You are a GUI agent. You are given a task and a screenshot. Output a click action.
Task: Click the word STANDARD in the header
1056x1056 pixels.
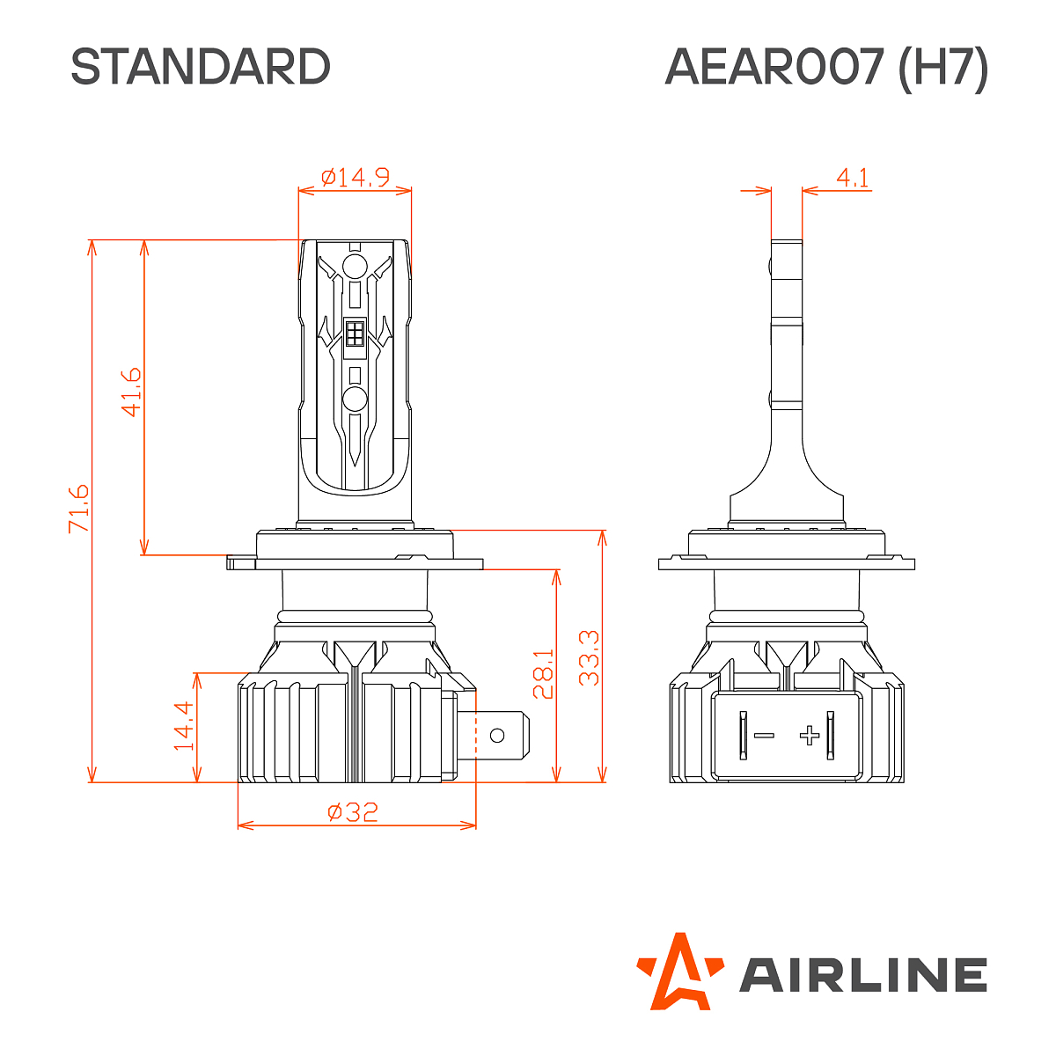[200, 67]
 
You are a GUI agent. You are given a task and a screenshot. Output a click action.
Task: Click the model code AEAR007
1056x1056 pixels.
[774, 67]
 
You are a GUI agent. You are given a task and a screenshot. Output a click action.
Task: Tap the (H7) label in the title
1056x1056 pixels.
[942, 67]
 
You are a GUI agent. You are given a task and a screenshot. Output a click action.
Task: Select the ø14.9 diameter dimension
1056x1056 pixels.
[356, 178]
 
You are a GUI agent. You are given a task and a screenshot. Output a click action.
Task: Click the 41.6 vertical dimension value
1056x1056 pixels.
[130, 392]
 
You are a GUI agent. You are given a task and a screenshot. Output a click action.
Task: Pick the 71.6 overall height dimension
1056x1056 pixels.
[78, 507]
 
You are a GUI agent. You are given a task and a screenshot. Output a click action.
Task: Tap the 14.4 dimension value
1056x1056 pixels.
[183, 725]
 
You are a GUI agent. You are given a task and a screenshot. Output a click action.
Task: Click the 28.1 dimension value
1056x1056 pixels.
[543, 674]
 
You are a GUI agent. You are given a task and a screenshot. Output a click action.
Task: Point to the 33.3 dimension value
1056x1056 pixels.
[589, 657]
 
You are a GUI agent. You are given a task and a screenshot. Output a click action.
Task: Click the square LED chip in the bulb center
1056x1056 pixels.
[355, 334]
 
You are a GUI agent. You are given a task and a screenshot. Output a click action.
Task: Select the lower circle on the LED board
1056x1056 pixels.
[355, 399]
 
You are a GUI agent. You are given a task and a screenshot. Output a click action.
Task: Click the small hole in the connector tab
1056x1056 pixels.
[497, 735]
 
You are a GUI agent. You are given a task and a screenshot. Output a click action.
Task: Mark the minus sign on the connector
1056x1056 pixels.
[765, 736]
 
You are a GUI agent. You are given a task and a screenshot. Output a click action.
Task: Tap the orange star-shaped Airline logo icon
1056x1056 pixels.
[678, 972]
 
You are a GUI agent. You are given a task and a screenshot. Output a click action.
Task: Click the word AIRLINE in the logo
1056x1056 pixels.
[862, 975]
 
